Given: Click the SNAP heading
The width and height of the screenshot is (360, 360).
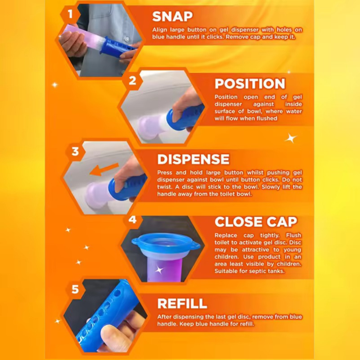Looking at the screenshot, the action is pyautogui.click(x=172, y=17).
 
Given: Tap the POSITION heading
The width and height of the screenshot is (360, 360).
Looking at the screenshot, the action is pyautogui.click(x=250, y=84).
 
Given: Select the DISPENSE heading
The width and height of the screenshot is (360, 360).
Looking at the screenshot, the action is pyautogui.click(x=193, y=159).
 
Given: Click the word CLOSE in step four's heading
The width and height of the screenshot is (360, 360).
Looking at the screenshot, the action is pyautogui.click(x=238, y=222).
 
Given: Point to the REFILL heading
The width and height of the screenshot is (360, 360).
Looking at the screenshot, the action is pyautogui.click(x=182, y=304).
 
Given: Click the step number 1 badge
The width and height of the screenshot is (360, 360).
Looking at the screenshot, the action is pyautogui.click(x=70, y=14).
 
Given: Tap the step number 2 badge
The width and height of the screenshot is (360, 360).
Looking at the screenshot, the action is pyautogui.click(x=132, y=81).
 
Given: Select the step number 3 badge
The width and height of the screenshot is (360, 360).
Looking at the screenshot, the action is pyautogui.click(x=75, y=152).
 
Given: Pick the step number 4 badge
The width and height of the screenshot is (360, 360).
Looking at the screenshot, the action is pyautogui.click(x=132, y=220).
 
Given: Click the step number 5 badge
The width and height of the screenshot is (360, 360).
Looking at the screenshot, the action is pyautogui.click(x=75, y=289).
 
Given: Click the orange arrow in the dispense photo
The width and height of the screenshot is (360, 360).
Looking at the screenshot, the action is pyautogui.click(x=104, y=169).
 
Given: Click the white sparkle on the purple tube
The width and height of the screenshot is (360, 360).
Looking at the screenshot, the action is pyautogui.click(x=159, y=270).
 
